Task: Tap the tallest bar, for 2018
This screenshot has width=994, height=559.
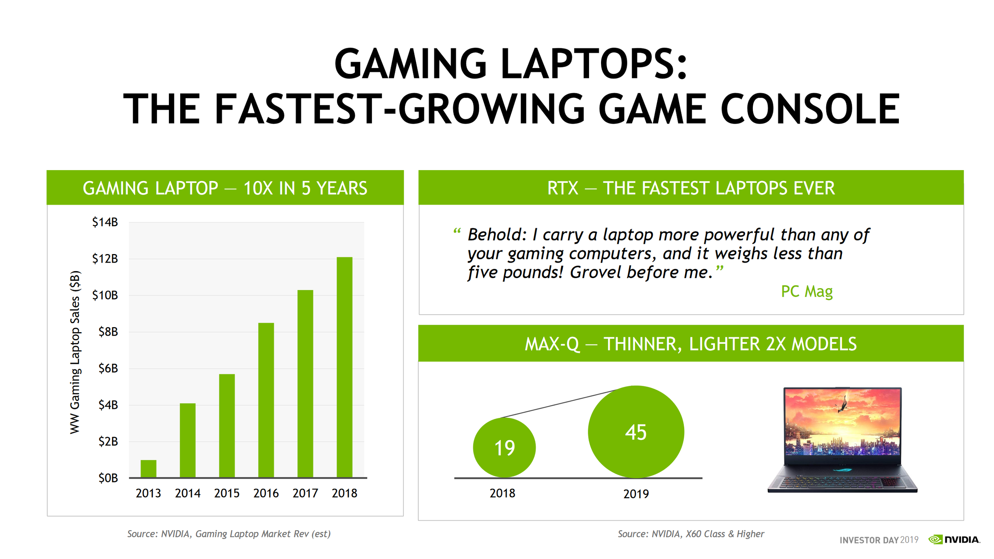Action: [x=344, y=367]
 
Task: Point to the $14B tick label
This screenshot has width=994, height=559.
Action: [x=105, y=222]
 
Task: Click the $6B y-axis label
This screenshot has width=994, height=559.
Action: [x=108, y=368]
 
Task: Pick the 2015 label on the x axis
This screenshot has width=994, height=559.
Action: [x=227, y=493]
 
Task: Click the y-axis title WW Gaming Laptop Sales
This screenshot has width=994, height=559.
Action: [x=75, y=352]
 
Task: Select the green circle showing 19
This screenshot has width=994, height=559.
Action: [x=504, y=448]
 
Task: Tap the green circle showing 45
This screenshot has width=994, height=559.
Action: [x=636, y=432]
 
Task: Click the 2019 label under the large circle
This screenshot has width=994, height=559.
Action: [x=636, y=494]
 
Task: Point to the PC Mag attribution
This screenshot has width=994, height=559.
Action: [x=806, y=291]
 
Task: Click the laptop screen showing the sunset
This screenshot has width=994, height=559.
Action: [x=842, y=422]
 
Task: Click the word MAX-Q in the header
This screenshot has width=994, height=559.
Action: [x=552, y=344]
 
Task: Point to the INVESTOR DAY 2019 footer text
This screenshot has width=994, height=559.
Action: [x=879, y=540]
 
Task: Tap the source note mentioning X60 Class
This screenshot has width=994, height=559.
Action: [x=691, y=534]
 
